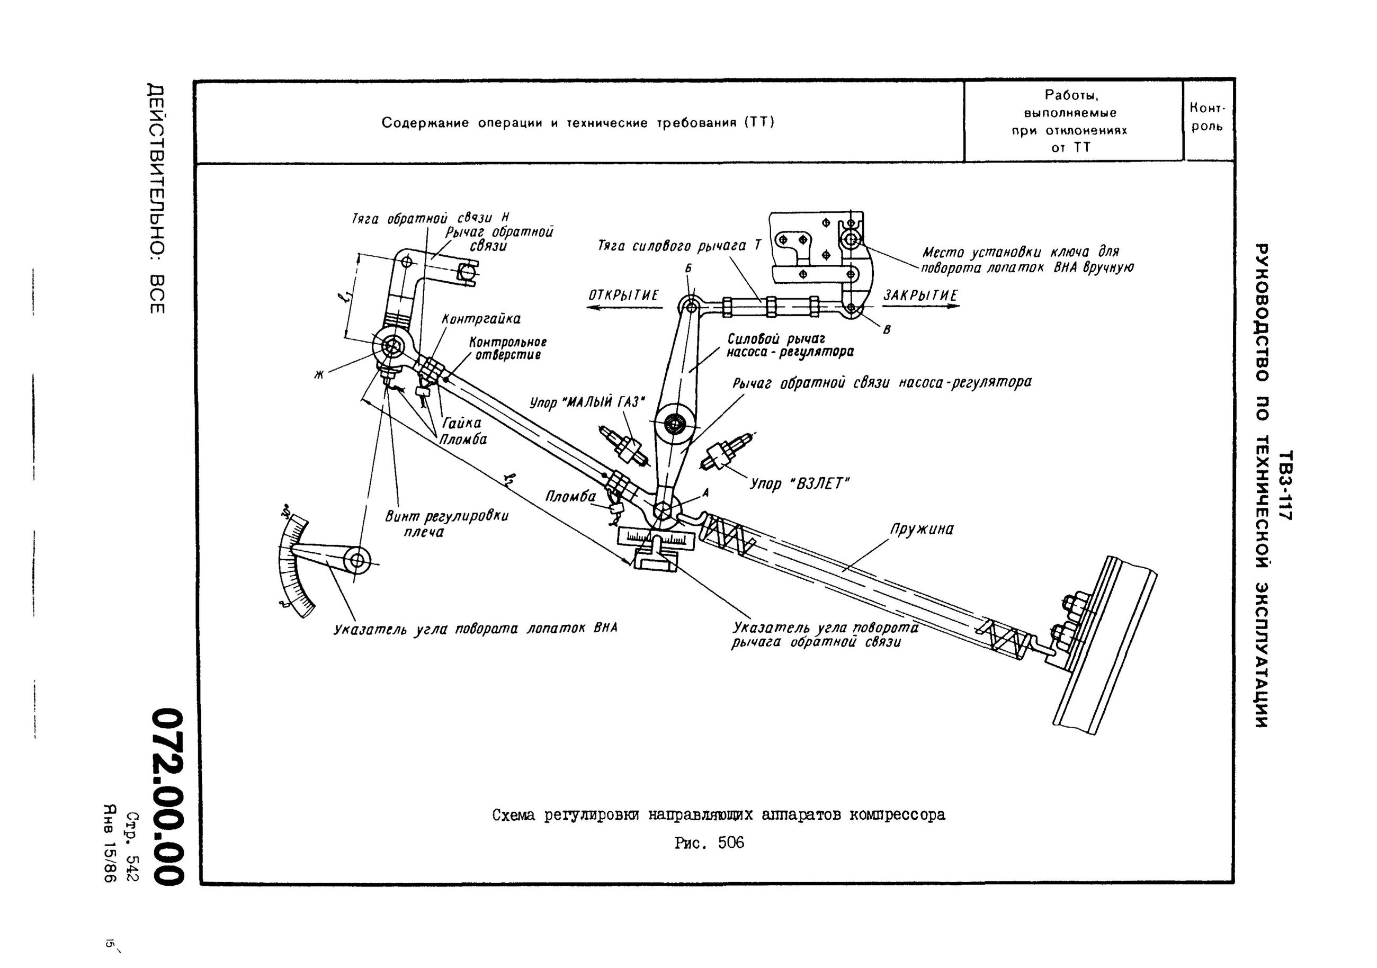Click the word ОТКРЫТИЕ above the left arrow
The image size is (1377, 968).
click(x=623, y=295)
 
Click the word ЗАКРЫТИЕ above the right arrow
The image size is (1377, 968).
click(x=920, y=295)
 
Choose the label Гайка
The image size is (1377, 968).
click(x=462, y=423)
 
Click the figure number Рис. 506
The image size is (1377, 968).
click(x=709, y=842)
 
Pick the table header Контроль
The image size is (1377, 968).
click(x=1208, y=118)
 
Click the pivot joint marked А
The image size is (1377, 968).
click(x=663, y=511)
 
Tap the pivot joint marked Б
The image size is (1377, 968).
click(x=690, y=307)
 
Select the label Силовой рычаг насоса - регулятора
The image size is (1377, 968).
click(x=789, y=345)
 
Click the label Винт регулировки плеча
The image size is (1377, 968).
click(x=446, y=524)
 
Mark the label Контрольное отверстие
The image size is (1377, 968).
click(x=507, y=348)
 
